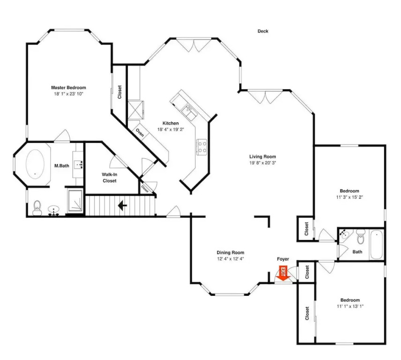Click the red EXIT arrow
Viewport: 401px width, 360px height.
(283, 273)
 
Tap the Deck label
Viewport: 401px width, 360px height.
(263, 31)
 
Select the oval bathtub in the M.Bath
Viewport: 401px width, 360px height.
(35, 164)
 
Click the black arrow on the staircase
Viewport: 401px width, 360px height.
(122, 205)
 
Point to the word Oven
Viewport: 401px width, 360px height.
(140, 132)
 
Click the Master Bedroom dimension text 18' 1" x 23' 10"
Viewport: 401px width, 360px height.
(68, 94)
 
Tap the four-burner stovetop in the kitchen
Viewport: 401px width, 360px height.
(201, 147)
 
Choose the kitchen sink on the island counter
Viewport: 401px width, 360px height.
(189, 112)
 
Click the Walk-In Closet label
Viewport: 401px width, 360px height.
(110, 178)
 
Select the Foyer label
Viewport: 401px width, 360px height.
(283, 259)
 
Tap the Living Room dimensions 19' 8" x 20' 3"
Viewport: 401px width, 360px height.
(263, 163)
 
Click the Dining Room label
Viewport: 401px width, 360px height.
(230, 253)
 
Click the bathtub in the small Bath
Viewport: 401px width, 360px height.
(377, 245)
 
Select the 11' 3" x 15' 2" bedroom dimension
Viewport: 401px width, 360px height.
(349, 197)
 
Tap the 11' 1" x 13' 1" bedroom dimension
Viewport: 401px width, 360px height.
(350, 306)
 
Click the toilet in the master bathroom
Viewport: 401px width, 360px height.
(37, 208)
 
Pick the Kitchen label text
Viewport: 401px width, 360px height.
(171, 123)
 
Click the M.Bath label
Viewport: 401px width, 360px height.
(62, 166)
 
